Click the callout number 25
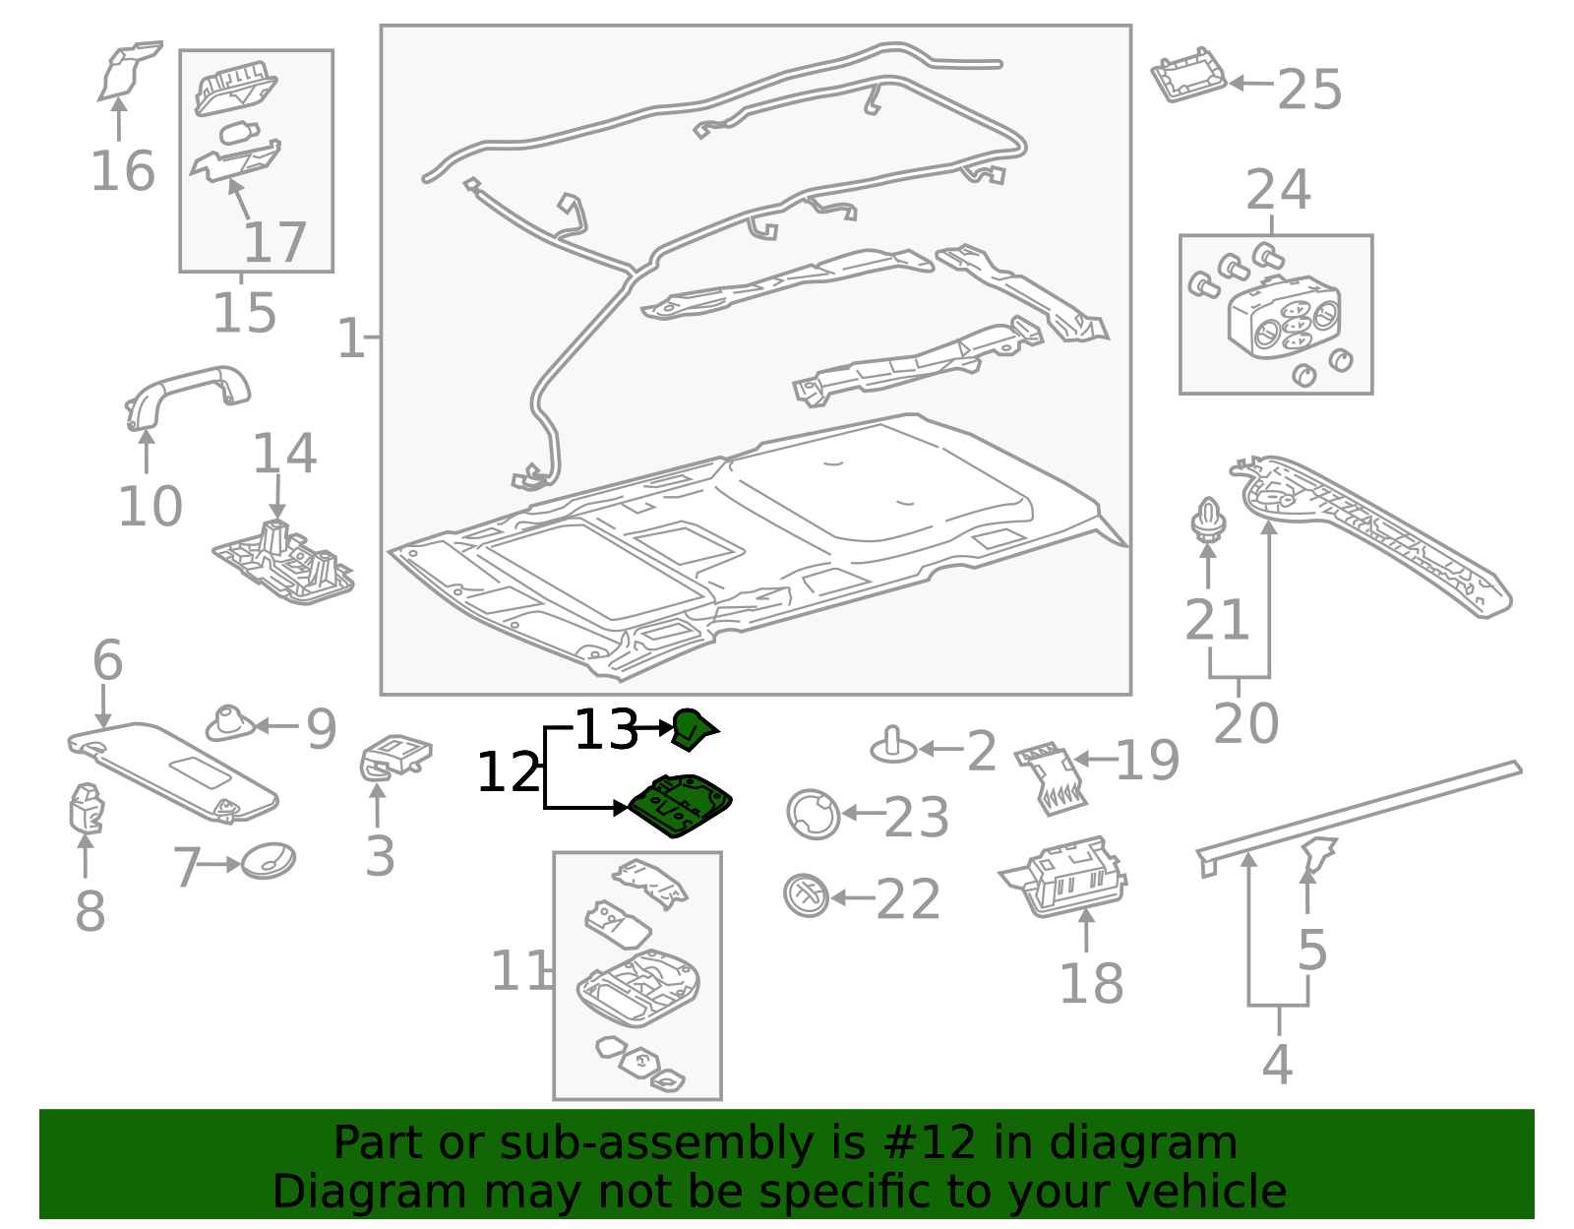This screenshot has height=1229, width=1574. pos(1309,90)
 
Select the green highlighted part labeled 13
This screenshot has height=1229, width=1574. pos(694,729)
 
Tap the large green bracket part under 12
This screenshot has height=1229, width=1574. pos(681,805)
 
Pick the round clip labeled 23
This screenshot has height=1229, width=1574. pos(813,814)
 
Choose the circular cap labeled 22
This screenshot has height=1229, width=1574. pos(806,895)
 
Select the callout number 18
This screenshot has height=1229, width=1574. pos(1091,983)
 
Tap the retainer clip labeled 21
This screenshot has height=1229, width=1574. pos(1208,522)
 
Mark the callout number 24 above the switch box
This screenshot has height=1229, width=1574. pos(1278,190)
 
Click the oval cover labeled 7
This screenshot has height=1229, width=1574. pos(269,861)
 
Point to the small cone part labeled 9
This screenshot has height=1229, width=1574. pos(230,724)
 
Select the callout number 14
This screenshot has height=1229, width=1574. pos(284,454)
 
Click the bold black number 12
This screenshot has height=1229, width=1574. pos(509,772)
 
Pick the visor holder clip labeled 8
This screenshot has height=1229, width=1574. pos(85,807)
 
